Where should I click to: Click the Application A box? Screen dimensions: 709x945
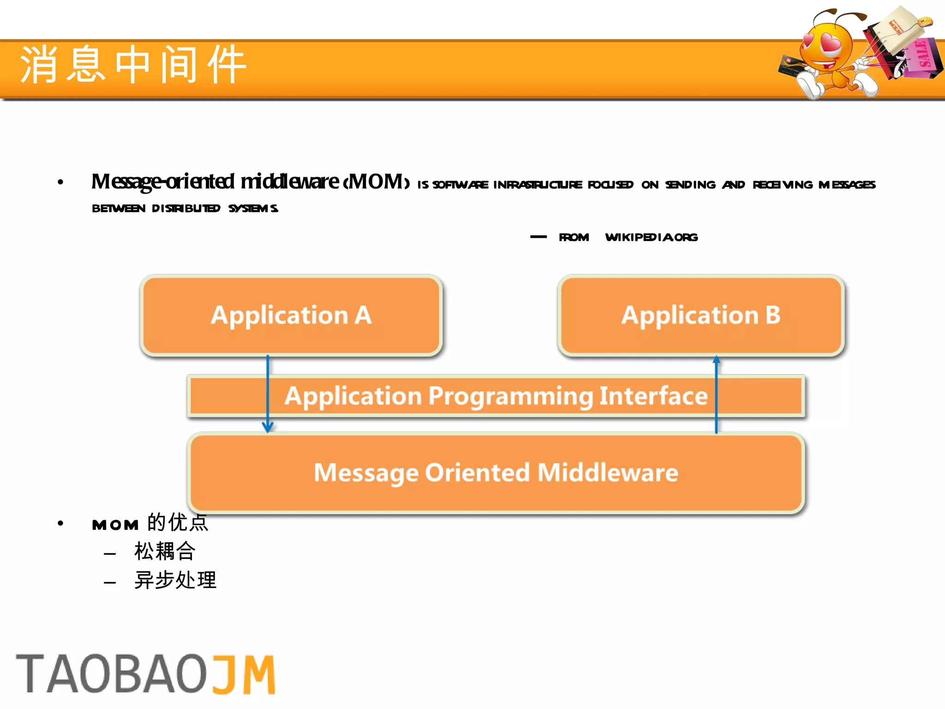pos(291,315)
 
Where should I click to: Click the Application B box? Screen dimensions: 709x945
pos(701,315)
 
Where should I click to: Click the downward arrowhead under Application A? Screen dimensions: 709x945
pos(268,427)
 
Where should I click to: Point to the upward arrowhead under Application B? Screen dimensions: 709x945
pos(716,360)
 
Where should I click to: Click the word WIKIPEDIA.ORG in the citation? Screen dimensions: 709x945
pos(651,237)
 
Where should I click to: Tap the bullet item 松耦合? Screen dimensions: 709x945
pos(165,551)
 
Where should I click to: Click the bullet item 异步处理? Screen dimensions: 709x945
pos(175,580)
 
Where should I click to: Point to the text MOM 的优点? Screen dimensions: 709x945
pos(150,523)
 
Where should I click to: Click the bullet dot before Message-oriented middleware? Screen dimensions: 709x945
pos(60,183)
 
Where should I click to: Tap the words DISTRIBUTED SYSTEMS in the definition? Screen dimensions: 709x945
pos(215,209)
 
